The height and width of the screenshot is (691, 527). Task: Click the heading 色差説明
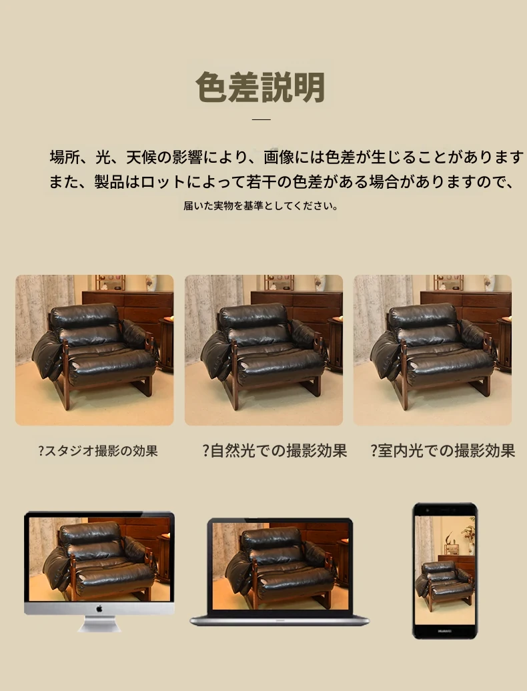coord(260,87)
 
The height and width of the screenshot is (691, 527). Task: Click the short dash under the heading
coord(261,119)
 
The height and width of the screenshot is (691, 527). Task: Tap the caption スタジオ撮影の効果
coord(101,451)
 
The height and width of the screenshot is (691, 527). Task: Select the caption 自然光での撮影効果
coord(279,451)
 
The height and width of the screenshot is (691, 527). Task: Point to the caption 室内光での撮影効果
coord(447,451)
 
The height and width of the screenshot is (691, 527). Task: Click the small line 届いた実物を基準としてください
coord(260,206)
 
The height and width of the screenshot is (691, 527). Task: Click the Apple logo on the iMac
coord(99,608)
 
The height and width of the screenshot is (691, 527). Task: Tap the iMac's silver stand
coord(99,624)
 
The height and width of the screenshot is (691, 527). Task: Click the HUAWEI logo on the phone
coord(444,631)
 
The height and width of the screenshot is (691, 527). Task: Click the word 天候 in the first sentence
coord(141,157)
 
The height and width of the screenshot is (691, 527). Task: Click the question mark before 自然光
coord(205,451)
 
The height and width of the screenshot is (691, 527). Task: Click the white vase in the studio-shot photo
coord(151,283)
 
